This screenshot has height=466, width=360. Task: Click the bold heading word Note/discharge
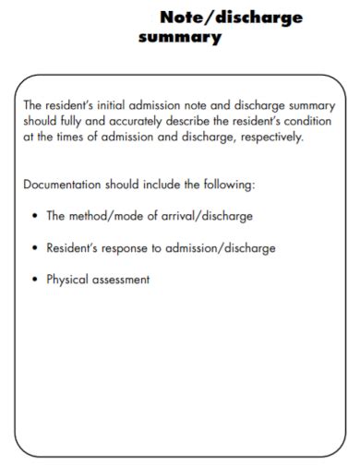click(x=231, y=18)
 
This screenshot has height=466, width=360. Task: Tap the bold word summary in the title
click(x=180, y=38)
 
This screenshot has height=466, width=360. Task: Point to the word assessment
click(x=120, y=280)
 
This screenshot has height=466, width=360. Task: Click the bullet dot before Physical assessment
click(x=34, y=280)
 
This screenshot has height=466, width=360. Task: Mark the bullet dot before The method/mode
click(x=34, y=216)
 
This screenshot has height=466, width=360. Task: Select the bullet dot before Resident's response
click(x=34, y=247)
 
